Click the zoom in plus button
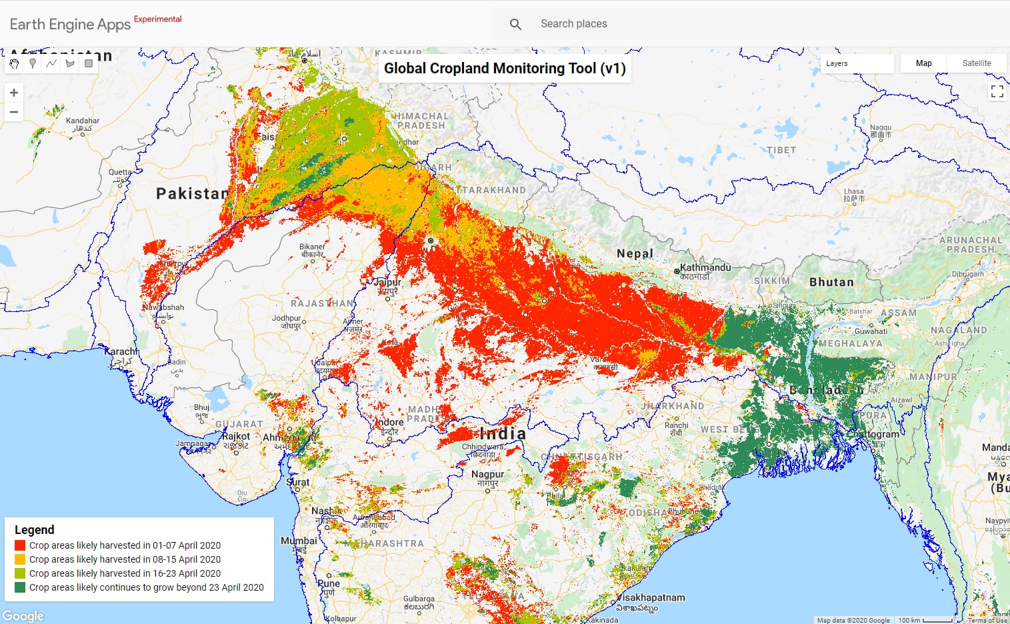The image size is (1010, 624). click(x=14, y=93)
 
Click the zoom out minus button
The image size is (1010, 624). click(x=14, y=112)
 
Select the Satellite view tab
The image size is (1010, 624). click(x=976, y=63)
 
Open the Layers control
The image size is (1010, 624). click(x=856, y=63)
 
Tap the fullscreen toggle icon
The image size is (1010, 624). click(x=997, y=92)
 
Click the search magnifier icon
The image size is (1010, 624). click(x=515, y=24)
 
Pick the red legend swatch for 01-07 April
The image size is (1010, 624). click(x=20, y=545)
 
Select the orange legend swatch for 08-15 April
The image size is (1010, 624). click(x=20, y=559)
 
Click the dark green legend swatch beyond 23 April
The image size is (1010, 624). click(x=20, y=587)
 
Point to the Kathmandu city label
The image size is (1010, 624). click(x=705, y=267)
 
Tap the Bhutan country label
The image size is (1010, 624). click(x=831, y=282)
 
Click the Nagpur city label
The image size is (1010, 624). click(x=488, y=475)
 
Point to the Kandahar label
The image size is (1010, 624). click(x=83, y=121)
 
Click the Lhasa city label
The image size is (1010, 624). click(x=853, y=192)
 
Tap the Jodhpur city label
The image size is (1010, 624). click(x=287, y=319)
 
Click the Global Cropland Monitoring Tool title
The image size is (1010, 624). click(x=505, y=69)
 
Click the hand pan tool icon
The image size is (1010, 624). click(x=14, y=63)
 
